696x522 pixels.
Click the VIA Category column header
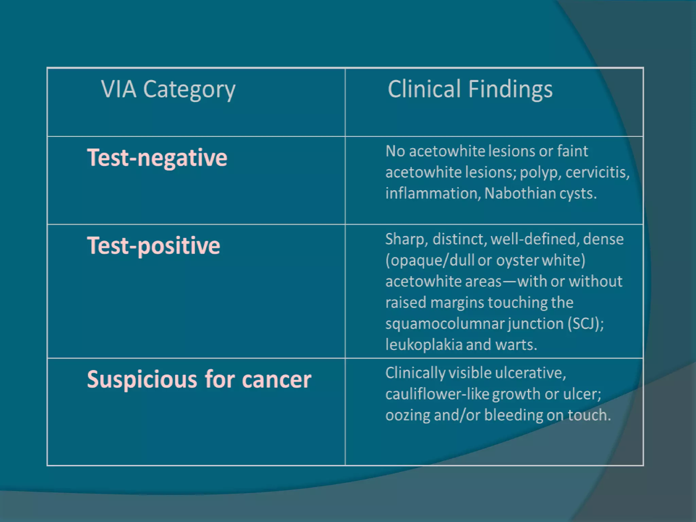pyautogui.click(x=168, y=89)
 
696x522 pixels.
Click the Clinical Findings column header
pyautogui.click(x=470, y=89)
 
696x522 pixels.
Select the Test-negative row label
pyautogui.click(x=157, y=158)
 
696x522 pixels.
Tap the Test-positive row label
pyautogui.click(x=154, y=245)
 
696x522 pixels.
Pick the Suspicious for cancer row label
pyautogui.click(x=199, y=379)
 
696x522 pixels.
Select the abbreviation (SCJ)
pyautogui.click(x=586, y=323)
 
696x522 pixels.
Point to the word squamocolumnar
pyautogui.click(x=445, y=323)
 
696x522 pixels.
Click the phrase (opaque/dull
pyautogui.click(x=430, y=260)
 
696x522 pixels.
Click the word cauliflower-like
pyautogui.click(x=437, y=394)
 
